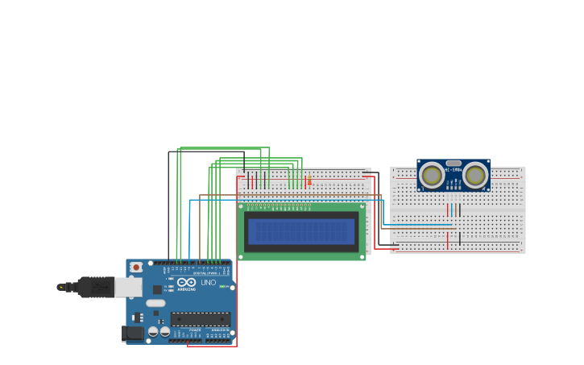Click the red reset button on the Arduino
136,267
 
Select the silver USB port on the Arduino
128,287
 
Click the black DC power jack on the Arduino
131,333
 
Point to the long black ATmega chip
200,319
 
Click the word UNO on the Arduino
208,283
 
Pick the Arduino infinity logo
187,283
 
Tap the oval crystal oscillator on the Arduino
155,303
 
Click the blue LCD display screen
301,232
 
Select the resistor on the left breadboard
309,180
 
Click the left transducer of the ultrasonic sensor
432,175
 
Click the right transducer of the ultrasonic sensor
475,175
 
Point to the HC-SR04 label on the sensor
454,169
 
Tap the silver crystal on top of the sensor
454,163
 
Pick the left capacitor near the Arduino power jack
153,331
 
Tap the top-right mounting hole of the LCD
362,206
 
